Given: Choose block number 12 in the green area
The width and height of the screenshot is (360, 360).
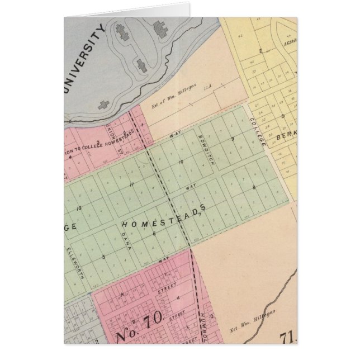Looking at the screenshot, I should click(79, 208).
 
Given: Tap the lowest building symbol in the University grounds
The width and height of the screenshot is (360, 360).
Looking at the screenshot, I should click(103, 104).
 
